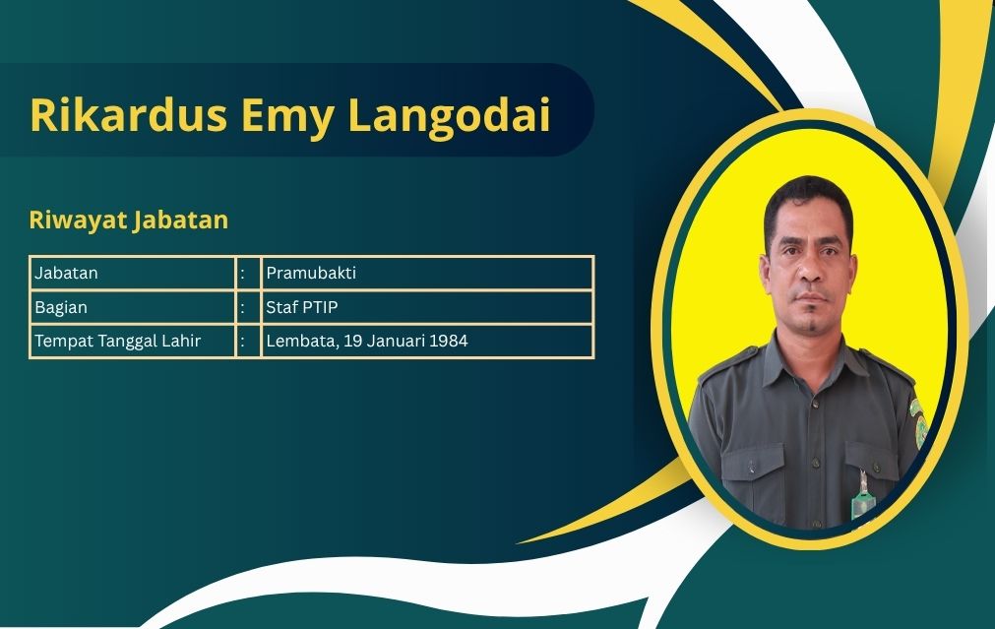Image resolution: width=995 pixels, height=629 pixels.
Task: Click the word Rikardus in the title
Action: (128, 115)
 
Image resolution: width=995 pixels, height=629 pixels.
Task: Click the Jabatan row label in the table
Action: (66, 273)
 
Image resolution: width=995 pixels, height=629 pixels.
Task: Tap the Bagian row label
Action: (61, 308)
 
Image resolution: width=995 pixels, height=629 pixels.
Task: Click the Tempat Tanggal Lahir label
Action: (117, 341)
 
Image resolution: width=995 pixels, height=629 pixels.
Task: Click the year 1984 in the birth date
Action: (449, 341)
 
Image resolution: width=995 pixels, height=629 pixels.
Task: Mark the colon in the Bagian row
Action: (242, 308)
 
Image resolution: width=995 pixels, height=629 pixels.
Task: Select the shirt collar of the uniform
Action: (809, 363)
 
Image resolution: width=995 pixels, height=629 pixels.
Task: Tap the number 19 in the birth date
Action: (352, 341)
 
